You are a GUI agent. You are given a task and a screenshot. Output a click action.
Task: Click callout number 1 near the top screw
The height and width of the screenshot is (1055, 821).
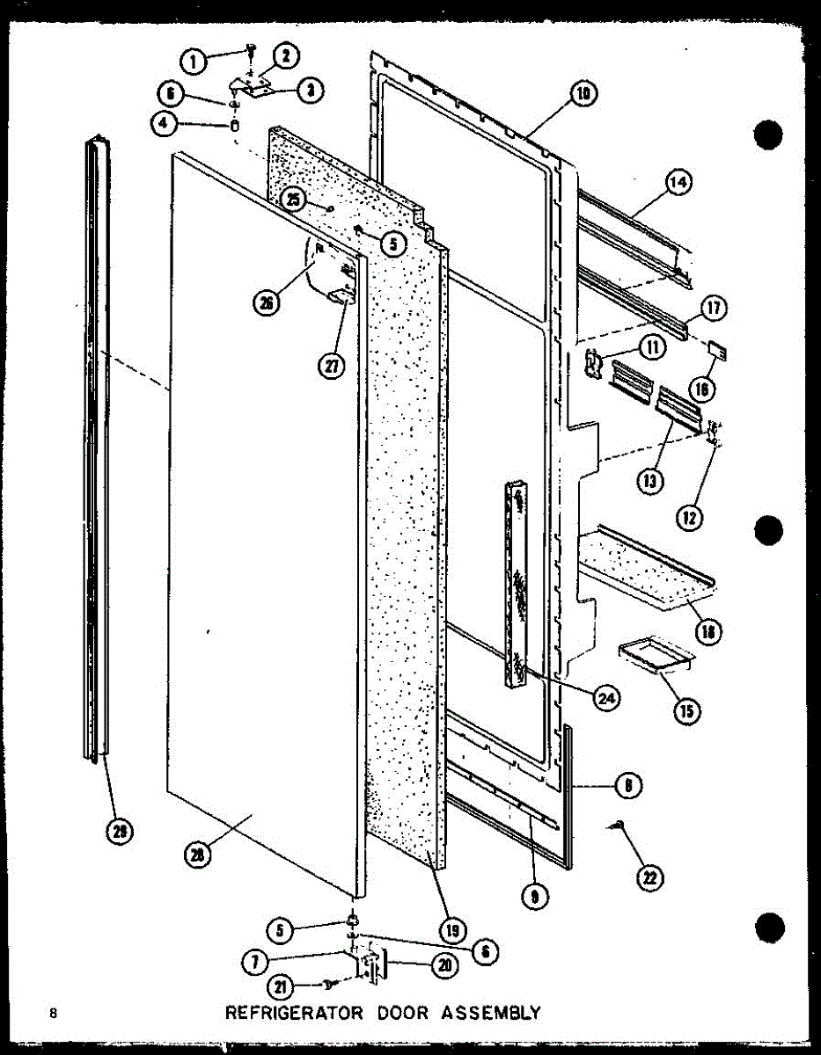[193, 61]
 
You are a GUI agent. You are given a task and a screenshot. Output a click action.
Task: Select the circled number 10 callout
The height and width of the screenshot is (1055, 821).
[583, 93]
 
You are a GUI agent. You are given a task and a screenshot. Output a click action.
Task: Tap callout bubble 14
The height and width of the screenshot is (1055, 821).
[678, 183]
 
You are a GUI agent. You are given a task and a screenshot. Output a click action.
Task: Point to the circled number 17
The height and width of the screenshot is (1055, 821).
[713, 309]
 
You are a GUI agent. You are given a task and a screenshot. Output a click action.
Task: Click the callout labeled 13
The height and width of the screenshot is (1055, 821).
[652, 481]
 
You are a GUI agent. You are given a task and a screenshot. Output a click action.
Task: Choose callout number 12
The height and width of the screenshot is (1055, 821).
[688, 518]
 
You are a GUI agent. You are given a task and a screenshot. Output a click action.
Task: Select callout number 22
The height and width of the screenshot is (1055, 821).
[653, 877]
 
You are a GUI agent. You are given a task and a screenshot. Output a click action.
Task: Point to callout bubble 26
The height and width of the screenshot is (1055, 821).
[265, 302]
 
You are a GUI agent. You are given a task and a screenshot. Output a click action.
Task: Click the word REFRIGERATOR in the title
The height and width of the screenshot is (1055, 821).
[293, 1012]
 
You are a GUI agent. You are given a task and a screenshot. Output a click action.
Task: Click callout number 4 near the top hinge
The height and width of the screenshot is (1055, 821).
[164, 124]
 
